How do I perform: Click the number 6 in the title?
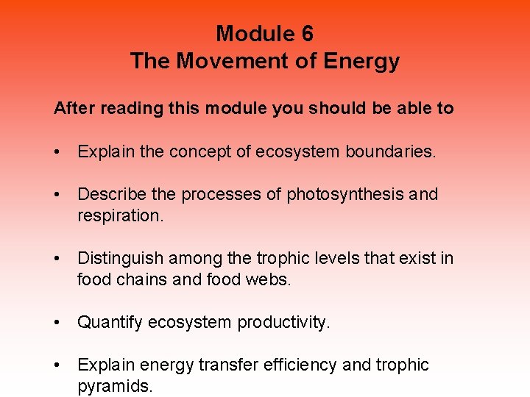click(306, 34)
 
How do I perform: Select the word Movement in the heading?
click(224, 61)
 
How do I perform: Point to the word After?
click(73, 109)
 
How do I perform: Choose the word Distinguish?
click(120, 258)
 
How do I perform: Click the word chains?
click(138, 280)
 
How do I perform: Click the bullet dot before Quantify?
click(57, 323)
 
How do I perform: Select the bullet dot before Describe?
click(57, 195)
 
